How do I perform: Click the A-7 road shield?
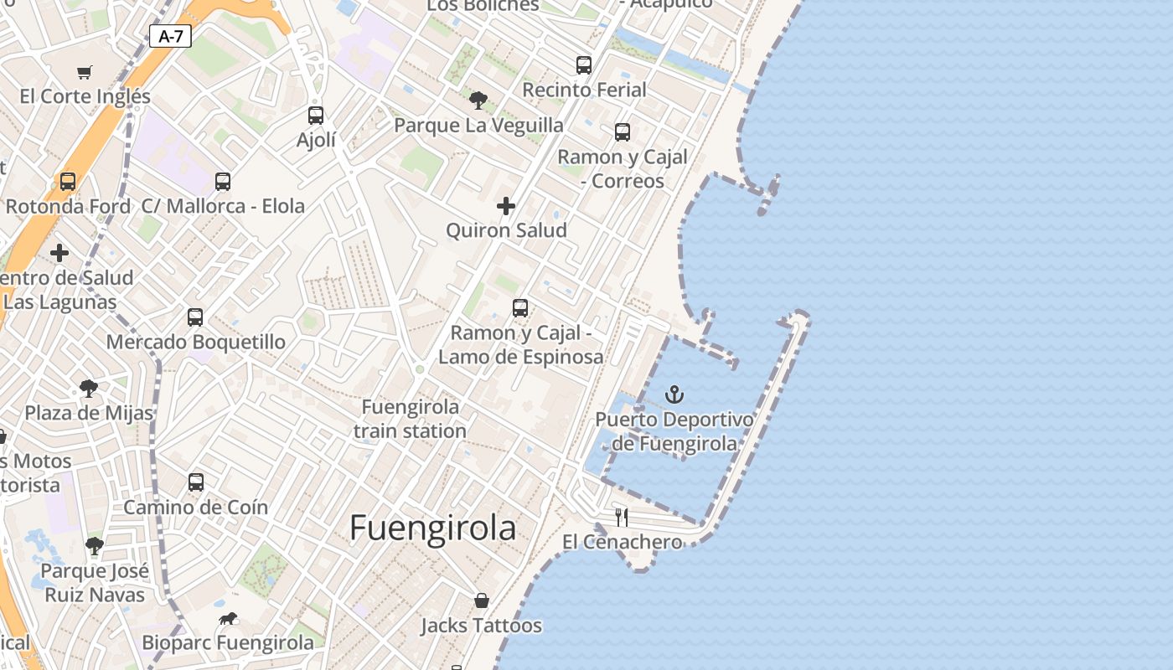point(170,36)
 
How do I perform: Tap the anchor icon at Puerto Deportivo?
point(674,394)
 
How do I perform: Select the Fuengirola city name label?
point(432,528)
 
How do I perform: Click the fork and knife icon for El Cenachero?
point(622,517)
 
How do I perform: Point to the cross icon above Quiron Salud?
point(506,205)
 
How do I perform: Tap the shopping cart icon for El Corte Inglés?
point(84,72)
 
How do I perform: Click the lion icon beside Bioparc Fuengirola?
point(227,619)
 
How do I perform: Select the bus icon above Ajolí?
point(316,116)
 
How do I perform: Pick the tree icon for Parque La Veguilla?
point(478,100)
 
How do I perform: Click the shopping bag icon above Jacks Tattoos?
point(482,600)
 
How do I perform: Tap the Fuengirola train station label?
point(410,419)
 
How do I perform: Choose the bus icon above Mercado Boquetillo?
point(195,317)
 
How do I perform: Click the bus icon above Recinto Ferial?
point(584,65)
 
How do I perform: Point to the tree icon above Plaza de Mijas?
point(88,389)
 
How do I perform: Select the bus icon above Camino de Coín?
point(196,482)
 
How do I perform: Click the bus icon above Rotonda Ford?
point(68,182)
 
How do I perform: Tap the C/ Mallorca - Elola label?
point(223,206)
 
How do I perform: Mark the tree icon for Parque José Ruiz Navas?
point(95,546)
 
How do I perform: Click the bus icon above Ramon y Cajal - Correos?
point(623,132)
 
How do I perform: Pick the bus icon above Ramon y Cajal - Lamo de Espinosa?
point(520,308)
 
